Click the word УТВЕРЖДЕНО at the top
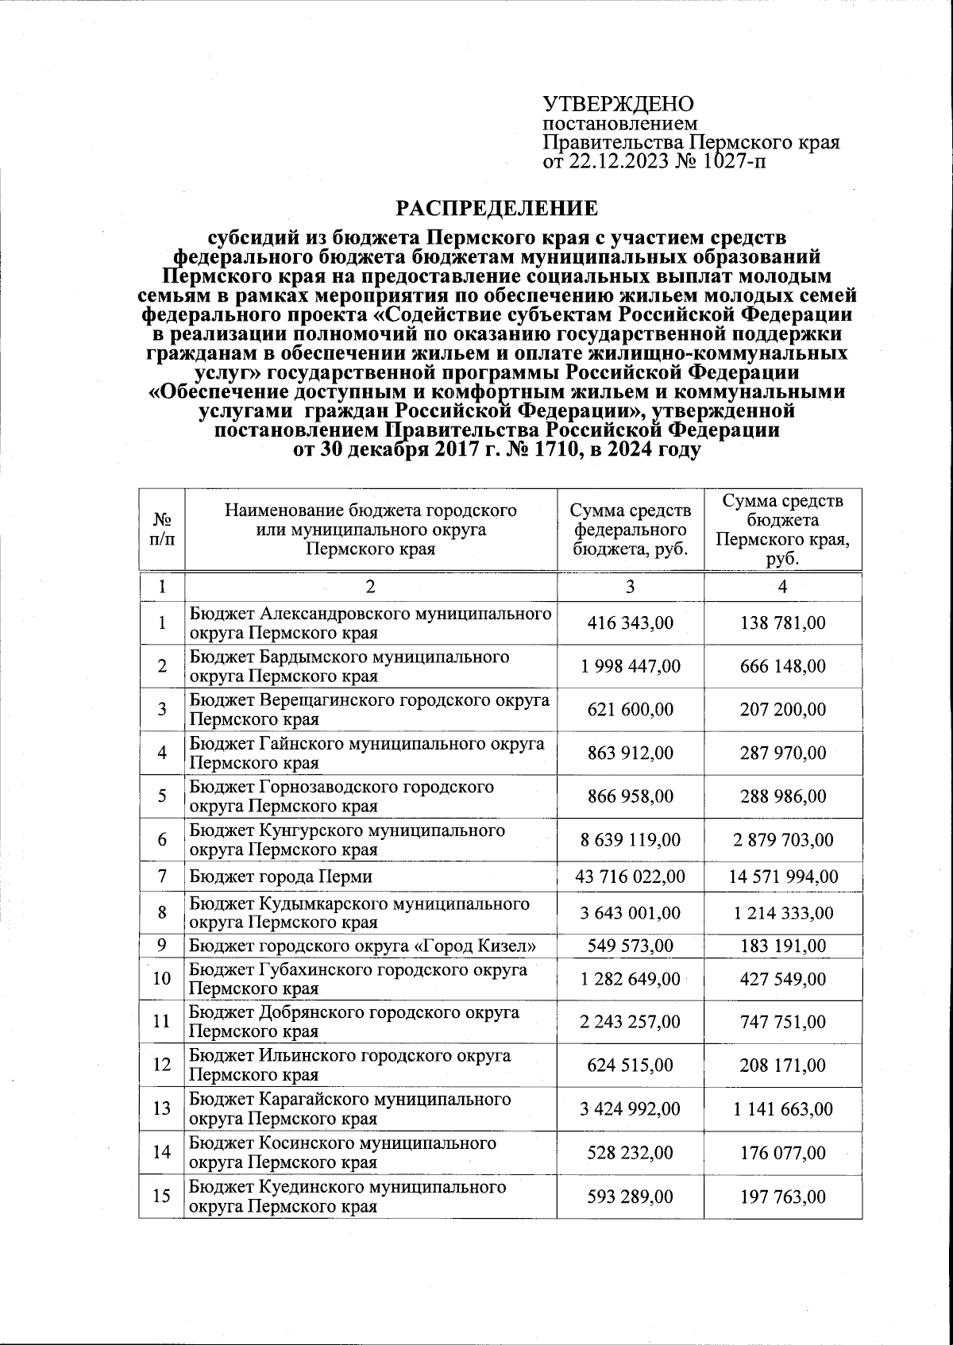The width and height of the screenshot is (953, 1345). [618, 104]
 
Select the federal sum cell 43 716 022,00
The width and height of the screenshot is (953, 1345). [630, 877]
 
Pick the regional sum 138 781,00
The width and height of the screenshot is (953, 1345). [782, 622]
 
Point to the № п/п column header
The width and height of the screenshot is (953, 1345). [162, 529]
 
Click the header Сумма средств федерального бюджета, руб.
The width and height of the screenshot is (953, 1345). [630, 529]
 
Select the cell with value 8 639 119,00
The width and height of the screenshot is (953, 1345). [630, 839]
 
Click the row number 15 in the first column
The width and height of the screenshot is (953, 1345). [162, 1196]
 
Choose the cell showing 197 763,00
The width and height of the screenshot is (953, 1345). [782, 1196]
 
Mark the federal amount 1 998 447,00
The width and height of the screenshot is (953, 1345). [630, 666]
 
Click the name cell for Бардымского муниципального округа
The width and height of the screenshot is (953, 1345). [349, 666]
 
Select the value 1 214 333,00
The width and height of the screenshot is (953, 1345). [782, 912]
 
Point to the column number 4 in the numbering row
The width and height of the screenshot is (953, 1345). [782, 587]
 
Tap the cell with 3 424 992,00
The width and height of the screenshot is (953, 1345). [630, 1108]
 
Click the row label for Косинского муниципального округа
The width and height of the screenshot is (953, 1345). [343, 1152]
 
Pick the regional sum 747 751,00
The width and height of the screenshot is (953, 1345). [782, 1021]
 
